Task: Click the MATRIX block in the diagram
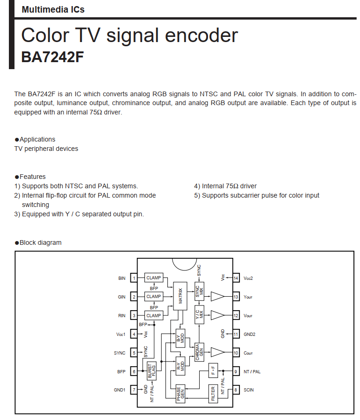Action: coord(180,296)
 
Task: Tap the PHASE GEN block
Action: coord(180,394)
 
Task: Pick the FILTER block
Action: coord(213,393)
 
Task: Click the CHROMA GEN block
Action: coord(199,351)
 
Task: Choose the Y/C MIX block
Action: coord(199,314)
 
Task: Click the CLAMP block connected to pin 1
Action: coord(153,278)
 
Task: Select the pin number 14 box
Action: coord(236,278)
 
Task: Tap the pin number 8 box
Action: coord(236,390)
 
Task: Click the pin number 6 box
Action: coord(134,371)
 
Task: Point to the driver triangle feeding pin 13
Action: coord(217,296)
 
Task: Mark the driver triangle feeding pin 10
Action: coord(217,353)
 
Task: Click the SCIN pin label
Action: coord(249,390)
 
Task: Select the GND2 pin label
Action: coord(250,334)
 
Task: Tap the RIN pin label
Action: coord(122,316)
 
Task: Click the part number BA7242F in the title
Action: coord(52,57)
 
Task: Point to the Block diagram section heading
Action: coord(40,242)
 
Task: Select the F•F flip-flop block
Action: coord(213,370)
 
